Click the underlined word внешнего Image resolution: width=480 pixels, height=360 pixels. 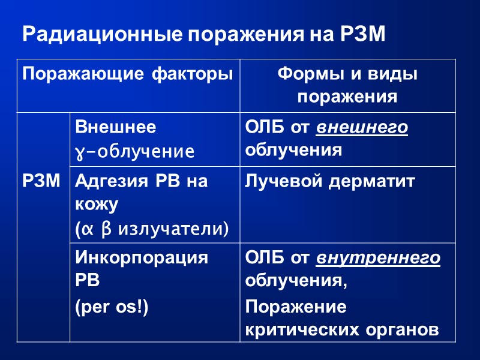click(362, 128)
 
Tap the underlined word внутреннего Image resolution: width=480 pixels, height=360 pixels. click(379, 259)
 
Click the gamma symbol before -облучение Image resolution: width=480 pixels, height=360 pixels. click(79, 151)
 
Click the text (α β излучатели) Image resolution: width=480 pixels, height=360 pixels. click(152, 228)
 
